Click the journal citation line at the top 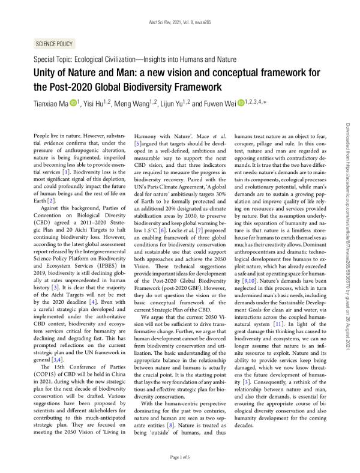click(x=179, y=22)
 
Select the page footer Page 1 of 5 click(x=179, y=457)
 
